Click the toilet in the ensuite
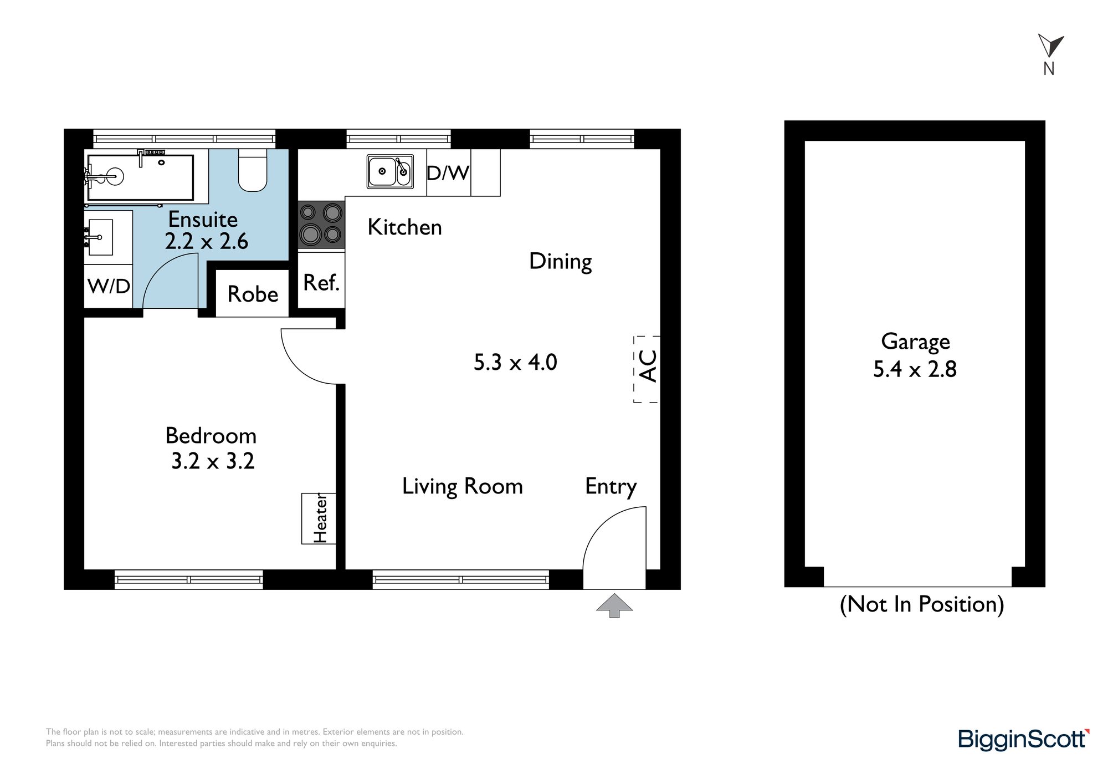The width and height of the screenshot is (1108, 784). [253, 170]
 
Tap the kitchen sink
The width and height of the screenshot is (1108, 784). [390, 171]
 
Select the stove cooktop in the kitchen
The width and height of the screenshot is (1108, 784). [321, 225]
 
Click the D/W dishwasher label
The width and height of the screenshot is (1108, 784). [448, 173]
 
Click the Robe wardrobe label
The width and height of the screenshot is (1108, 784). [253, 294]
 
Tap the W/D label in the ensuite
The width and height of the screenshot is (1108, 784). [109, 286]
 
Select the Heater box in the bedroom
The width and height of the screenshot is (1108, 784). [319, 518]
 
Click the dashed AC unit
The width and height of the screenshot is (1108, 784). [647, 369]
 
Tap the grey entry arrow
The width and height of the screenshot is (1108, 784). [614, 605]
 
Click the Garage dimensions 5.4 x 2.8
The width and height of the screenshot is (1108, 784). [915, 369]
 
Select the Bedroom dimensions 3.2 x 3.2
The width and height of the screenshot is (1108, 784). [213, 461]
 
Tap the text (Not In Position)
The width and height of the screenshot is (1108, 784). [922, 604]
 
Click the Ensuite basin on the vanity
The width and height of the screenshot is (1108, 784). [100, 237]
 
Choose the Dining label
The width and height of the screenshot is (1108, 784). [561, 262]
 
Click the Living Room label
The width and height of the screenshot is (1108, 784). [463, 486]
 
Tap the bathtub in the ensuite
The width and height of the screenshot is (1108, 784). [140, 177]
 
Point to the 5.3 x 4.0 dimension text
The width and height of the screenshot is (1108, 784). [515, 363]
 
